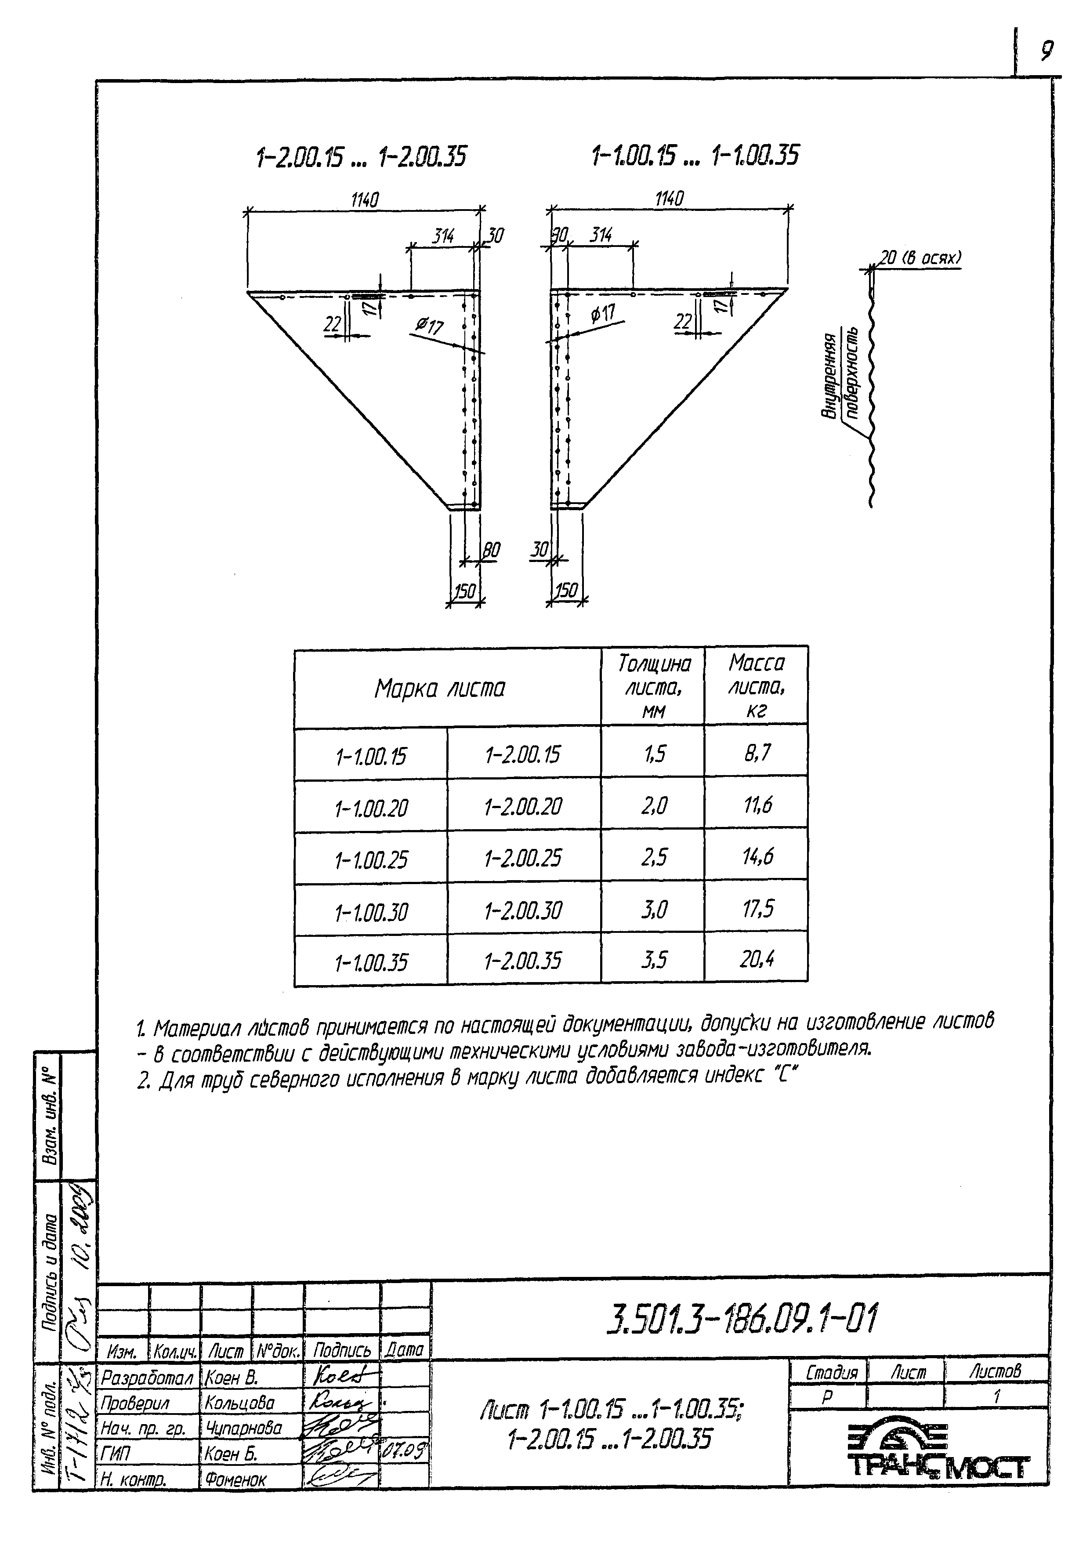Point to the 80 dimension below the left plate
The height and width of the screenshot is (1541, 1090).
coord(491,550)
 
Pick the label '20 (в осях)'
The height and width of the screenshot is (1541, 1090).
coord(920,258)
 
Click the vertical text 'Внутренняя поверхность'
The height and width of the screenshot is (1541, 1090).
coord(839,376)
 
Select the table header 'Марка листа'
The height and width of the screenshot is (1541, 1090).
coord(440,689)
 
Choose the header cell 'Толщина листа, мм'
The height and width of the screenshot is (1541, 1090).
coord(653,687)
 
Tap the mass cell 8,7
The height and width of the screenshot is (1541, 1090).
coord(757,753)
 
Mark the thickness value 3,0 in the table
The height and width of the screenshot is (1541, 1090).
coord(653,910)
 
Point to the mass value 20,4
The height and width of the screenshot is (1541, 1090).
coord(757,959)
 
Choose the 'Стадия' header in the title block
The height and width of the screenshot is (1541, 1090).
coord(831,1373)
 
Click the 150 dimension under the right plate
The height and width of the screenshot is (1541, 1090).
coord(566,591)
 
